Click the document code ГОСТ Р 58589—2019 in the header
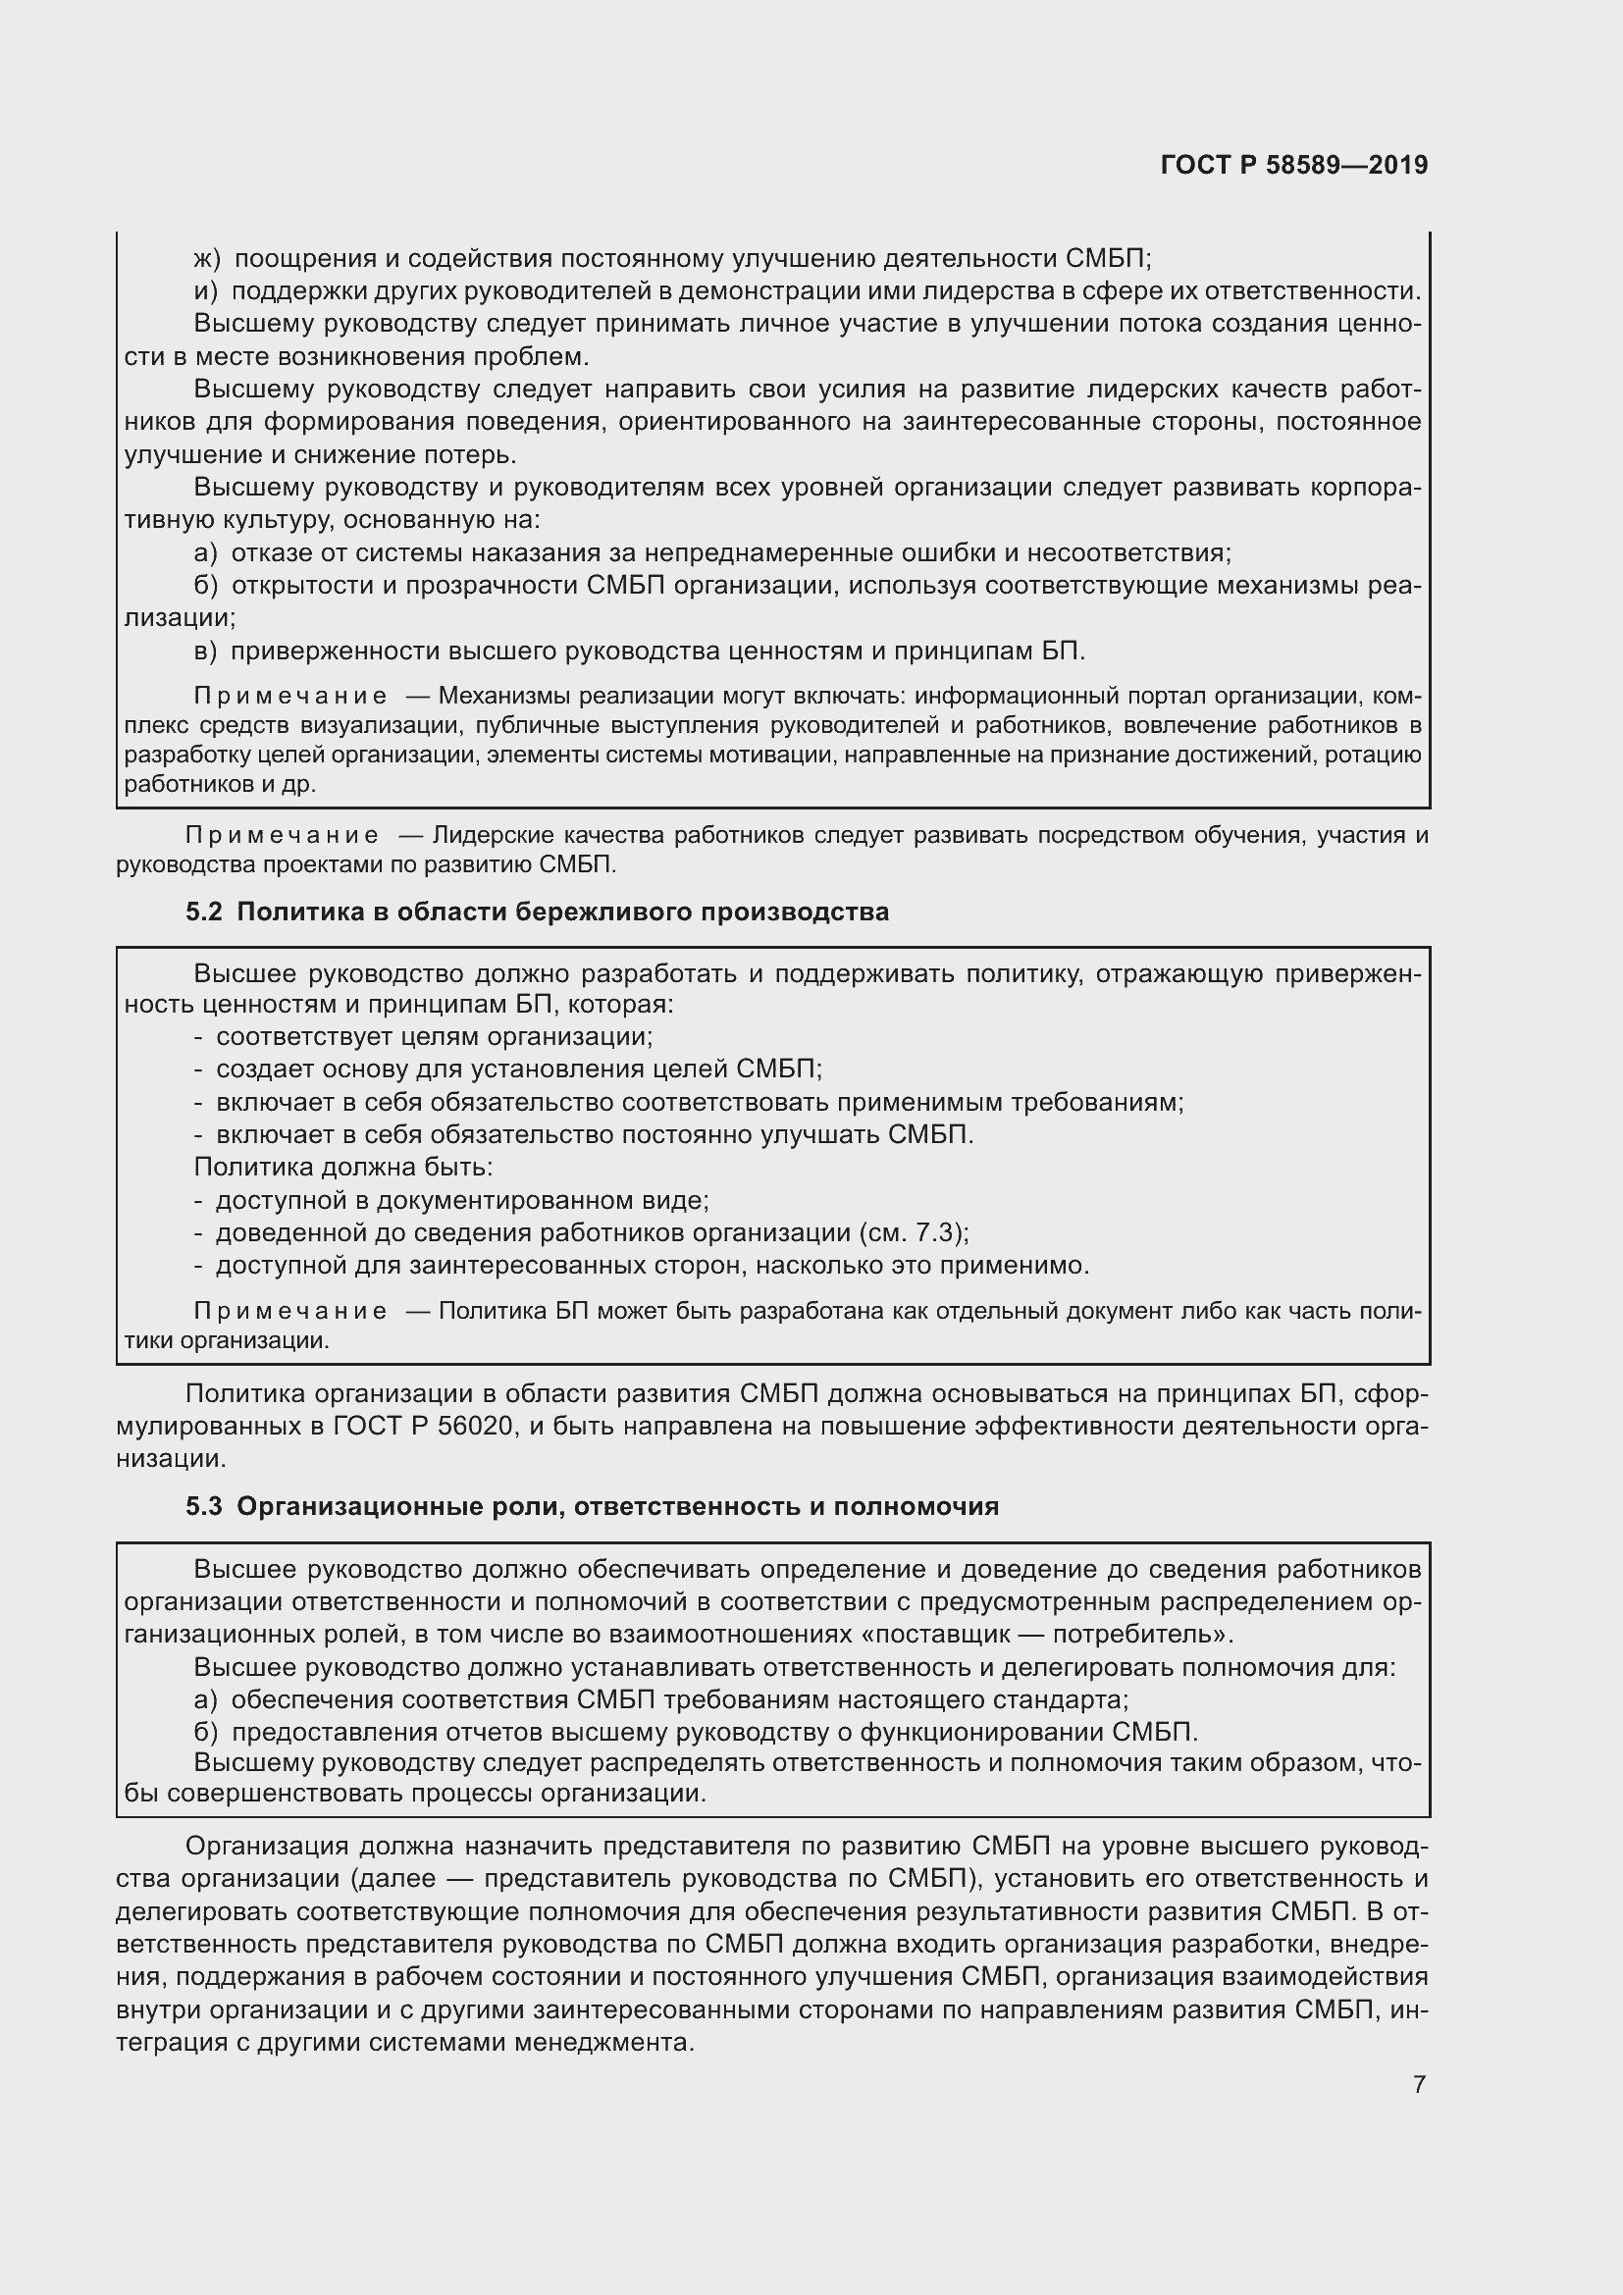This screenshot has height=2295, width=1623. pos(1293,165)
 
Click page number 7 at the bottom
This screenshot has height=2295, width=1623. pos(1419,2084)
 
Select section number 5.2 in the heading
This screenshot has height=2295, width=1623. pos(203,912)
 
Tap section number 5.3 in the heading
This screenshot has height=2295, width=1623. pos(203,1505)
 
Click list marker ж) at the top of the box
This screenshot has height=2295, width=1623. pos(206,259)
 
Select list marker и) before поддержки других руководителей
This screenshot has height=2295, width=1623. pos(206,290)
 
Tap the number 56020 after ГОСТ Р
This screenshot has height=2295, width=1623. pos(478,1426)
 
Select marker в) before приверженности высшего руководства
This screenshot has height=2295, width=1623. pos(205,651)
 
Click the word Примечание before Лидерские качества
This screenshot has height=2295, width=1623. pos(282,835)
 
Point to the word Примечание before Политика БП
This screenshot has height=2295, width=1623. pos(289,1311)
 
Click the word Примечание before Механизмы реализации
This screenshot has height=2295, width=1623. pos(289,696)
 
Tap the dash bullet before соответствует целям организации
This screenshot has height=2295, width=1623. pos(198,1036)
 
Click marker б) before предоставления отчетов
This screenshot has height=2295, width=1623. pos(205,1731)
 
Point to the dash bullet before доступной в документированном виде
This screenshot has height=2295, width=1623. pos(198,1200)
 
